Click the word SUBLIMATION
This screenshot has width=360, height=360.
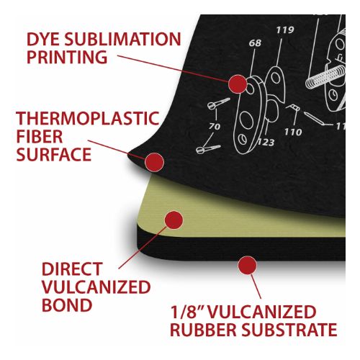tap(122, 39)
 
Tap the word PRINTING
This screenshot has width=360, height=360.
tap(67, 57)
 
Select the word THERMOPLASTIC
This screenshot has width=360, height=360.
tap(88, 118)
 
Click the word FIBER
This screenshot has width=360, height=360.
tap(40, 136)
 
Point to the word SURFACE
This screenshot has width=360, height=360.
tap(54, 154)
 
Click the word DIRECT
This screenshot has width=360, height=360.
tap(72, 269)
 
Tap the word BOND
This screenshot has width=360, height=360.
tap(67, 305)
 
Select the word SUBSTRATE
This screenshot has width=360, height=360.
tap(289, 330)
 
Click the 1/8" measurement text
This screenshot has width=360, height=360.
tap(187, 312)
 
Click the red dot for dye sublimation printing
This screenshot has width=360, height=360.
tap(238, 84)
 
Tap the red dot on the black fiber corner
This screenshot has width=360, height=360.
tap(154, 162)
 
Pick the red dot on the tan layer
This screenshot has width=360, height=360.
tap(174, 220)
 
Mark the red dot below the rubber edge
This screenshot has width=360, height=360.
tap(248, 265)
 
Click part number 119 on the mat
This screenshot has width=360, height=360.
tap(285, 30)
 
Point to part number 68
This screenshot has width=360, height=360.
tap(255, 43)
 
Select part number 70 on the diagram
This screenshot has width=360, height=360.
tap(215, 126)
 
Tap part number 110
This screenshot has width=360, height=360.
tap(293, 132)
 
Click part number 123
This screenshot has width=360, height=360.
tap(266, 143)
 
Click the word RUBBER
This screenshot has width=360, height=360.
tap(203, 330)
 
